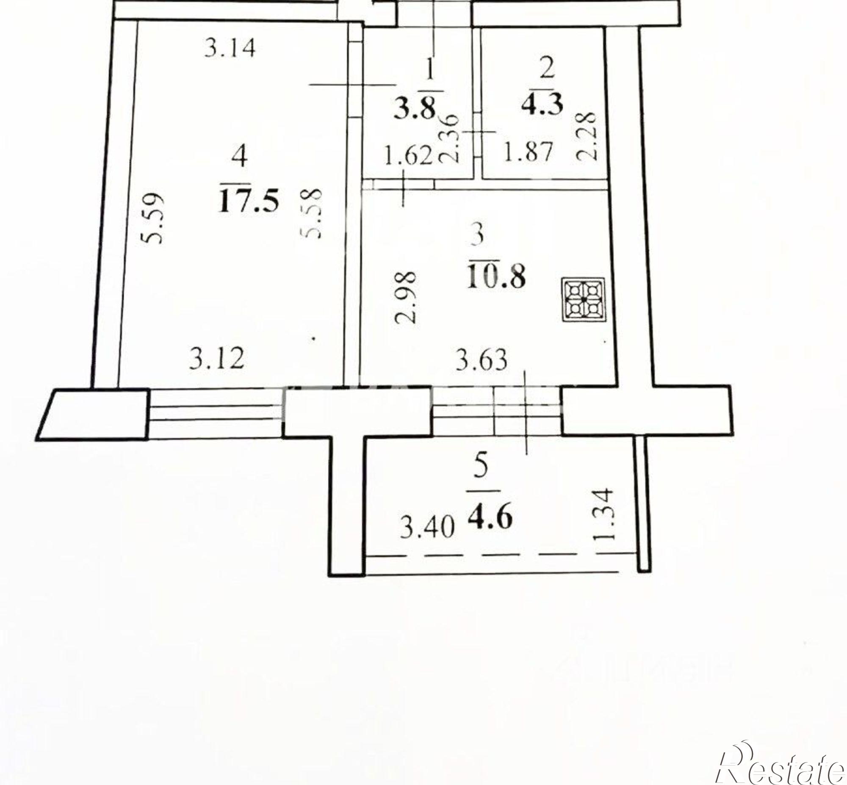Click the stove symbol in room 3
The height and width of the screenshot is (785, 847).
tap(584, 299)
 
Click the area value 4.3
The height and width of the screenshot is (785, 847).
tap(543, 105)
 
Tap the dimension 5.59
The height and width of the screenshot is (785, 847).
tap(152, 218)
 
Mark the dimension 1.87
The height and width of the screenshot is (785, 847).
tap(528, 152)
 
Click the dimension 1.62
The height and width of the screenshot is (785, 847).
tap(408, 155)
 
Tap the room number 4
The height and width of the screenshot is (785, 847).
tap(240, 155)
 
